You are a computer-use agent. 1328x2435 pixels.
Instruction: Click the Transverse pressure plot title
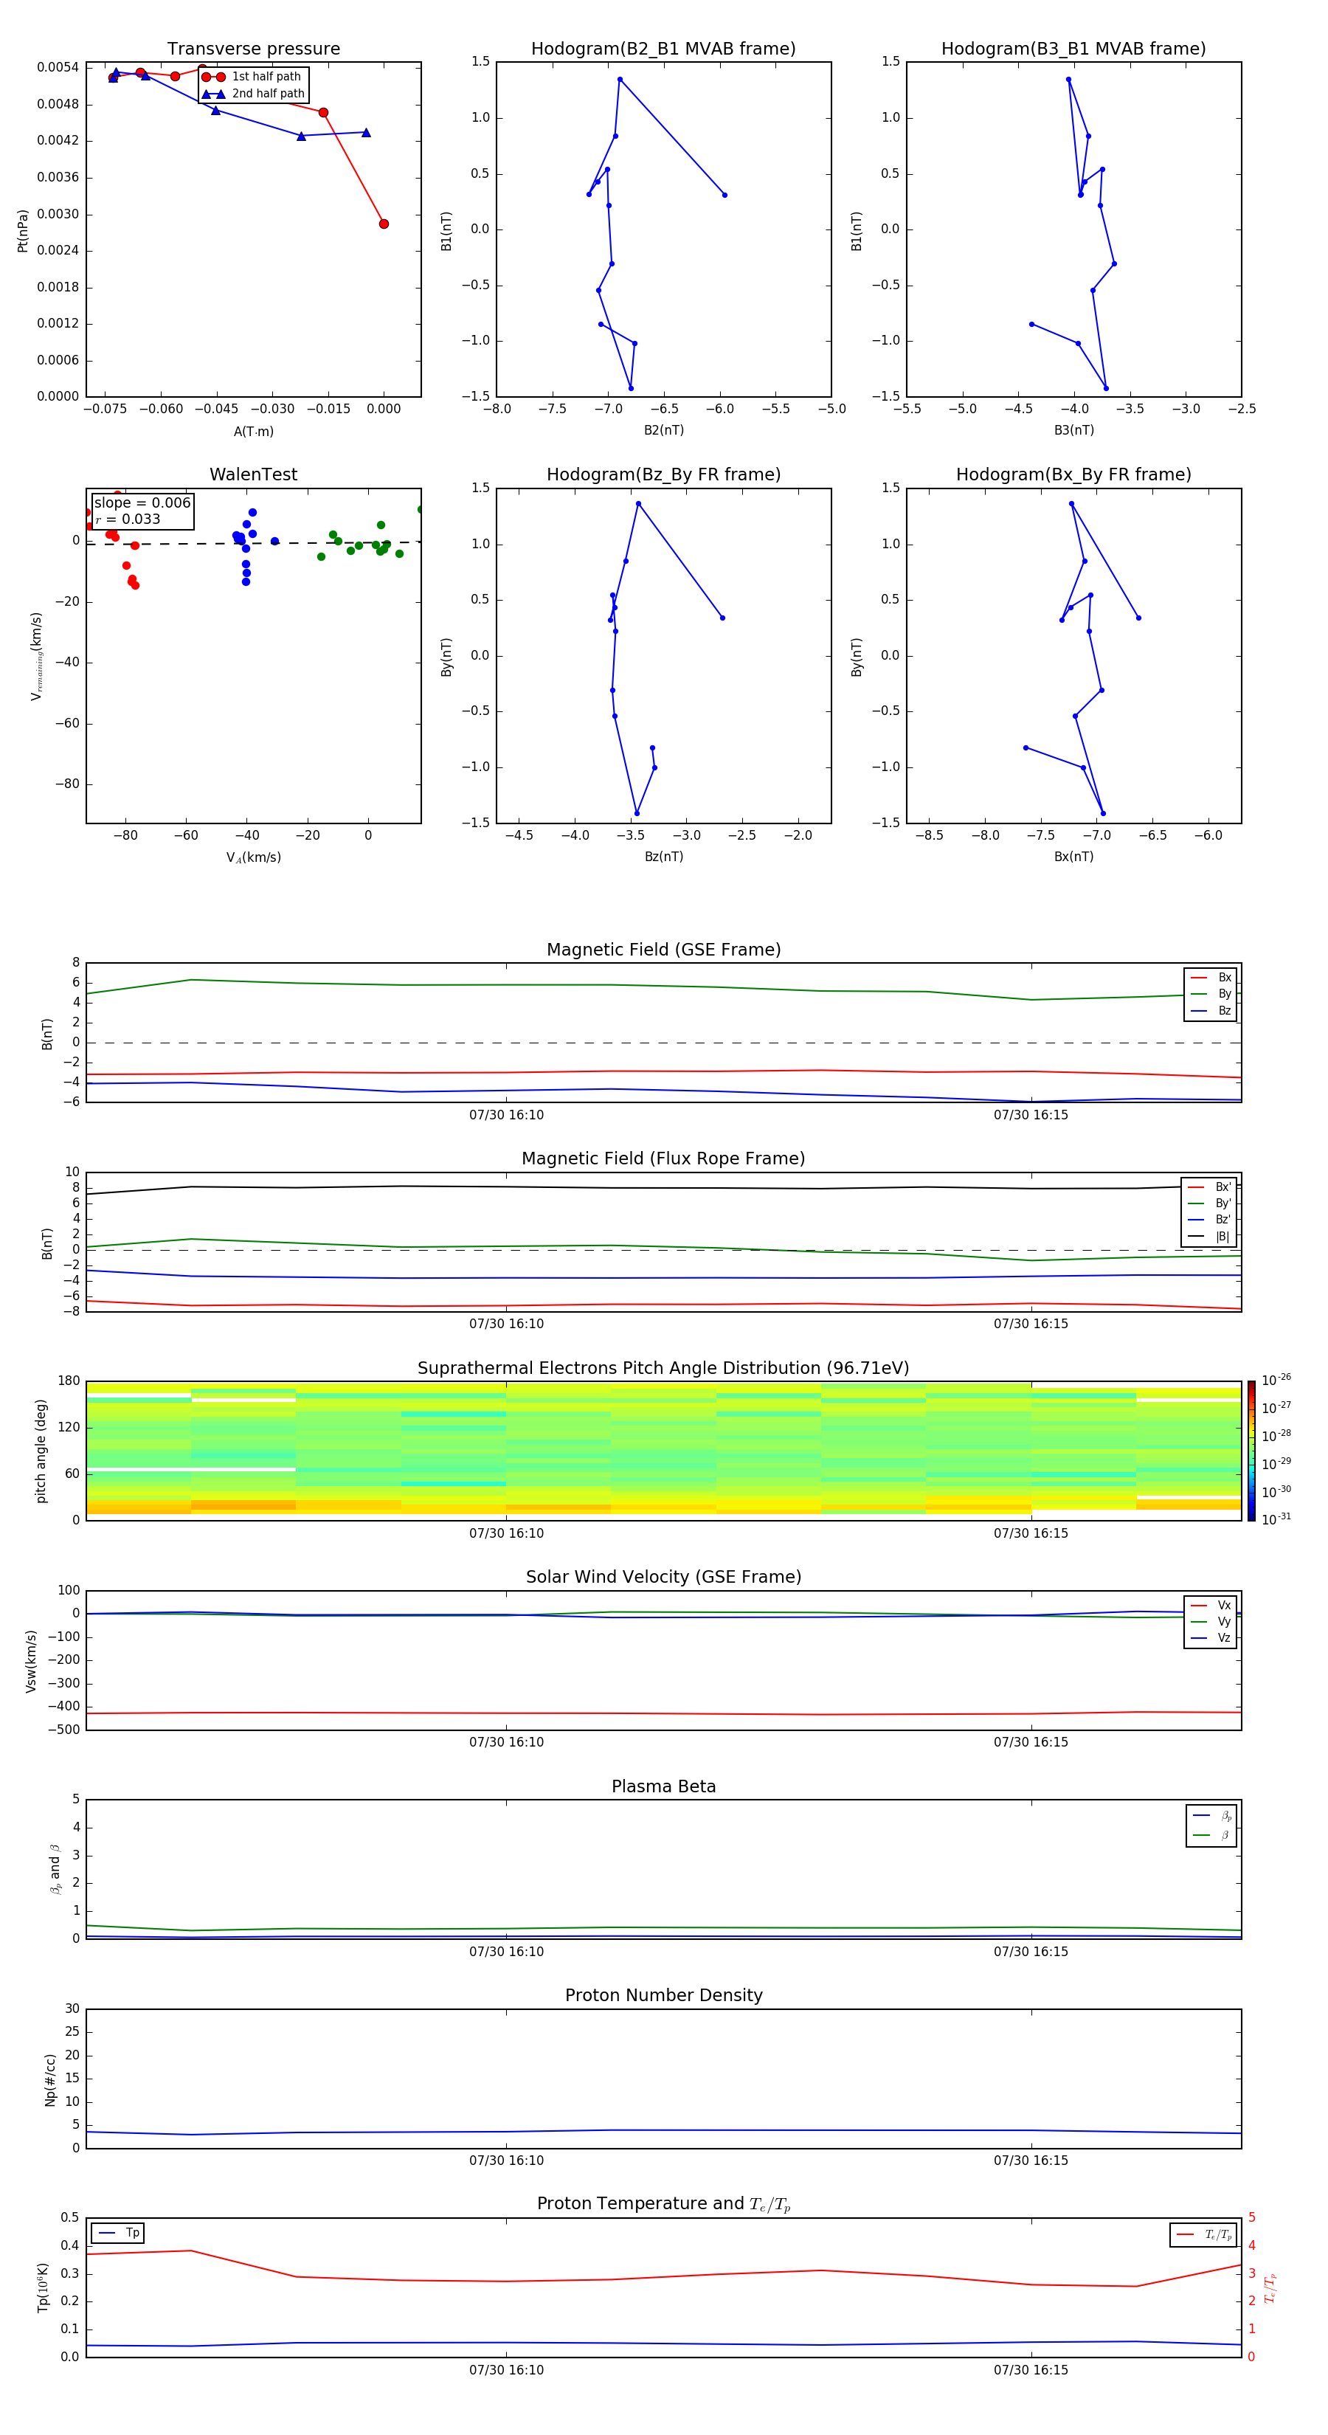[x=253, y=49]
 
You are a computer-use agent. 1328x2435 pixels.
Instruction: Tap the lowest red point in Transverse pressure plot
[x=384, y=224]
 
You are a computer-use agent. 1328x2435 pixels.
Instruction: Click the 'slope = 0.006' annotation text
[x=142, y=503]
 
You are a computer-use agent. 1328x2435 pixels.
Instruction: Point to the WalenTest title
[x=253, y=474]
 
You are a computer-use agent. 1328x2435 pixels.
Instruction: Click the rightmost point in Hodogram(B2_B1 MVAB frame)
[x=725, y=195]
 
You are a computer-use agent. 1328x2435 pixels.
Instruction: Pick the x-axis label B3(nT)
[x=1073, y=430]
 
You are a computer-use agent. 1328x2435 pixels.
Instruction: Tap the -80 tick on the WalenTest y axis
[x=67, y=784]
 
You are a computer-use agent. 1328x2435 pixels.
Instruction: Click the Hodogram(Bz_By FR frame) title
[x=663, y=474]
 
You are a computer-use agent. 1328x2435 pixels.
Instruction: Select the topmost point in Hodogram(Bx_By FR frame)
[x=1071, y=504]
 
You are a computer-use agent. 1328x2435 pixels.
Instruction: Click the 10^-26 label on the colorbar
[x=1276, y=1379]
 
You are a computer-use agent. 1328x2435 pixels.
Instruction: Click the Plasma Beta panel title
[x=663, y=1786]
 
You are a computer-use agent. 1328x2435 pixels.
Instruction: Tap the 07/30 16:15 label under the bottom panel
[x=1030, y=2370]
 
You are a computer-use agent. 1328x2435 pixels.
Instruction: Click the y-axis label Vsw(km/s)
[x=31, y=1660]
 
